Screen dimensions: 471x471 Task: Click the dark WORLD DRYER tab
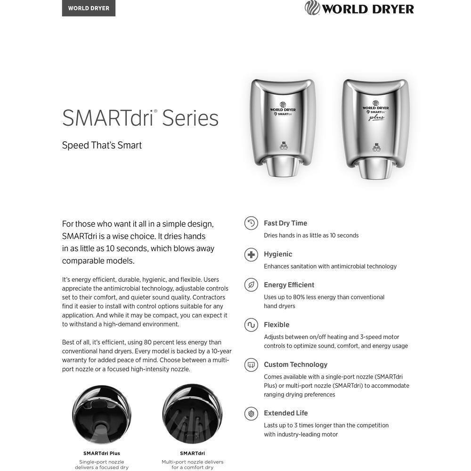point(89,8)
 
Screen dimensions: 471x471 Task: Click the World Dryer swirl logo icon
point(312,8)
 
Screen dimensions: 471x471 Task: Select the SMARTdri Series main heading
point(140,118)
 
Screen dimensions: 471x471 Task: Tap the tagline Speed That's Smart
point(102,145)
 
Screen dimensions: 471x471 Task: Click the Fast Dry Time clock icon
point(251,223)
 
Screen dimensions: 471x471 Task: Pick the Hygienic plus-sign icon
point(251,254)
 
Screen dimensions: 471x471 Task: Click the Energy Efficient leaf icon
point(251,285)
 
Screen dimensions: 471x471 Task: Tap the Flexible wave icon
point(251,325)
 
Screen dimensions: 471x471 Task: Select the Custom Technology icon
point(251,365)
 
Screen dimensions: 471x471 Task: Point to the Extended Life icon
point(251,414)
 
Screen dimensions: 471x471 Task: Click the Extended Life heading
point(285,413)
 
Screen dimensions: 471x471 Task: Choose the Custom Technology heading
point(295,365)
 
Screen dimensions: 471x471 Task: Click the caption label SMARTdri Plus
point(102,453)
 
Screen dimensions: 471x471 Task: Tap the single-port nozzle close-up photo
point(102,414)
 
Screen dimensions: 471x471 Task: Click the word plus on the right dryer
point(376,118)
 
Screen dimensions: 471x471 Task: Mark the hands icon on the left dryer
point(284,146)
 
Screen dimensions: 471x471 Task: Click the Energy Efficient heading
point(289,285)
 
